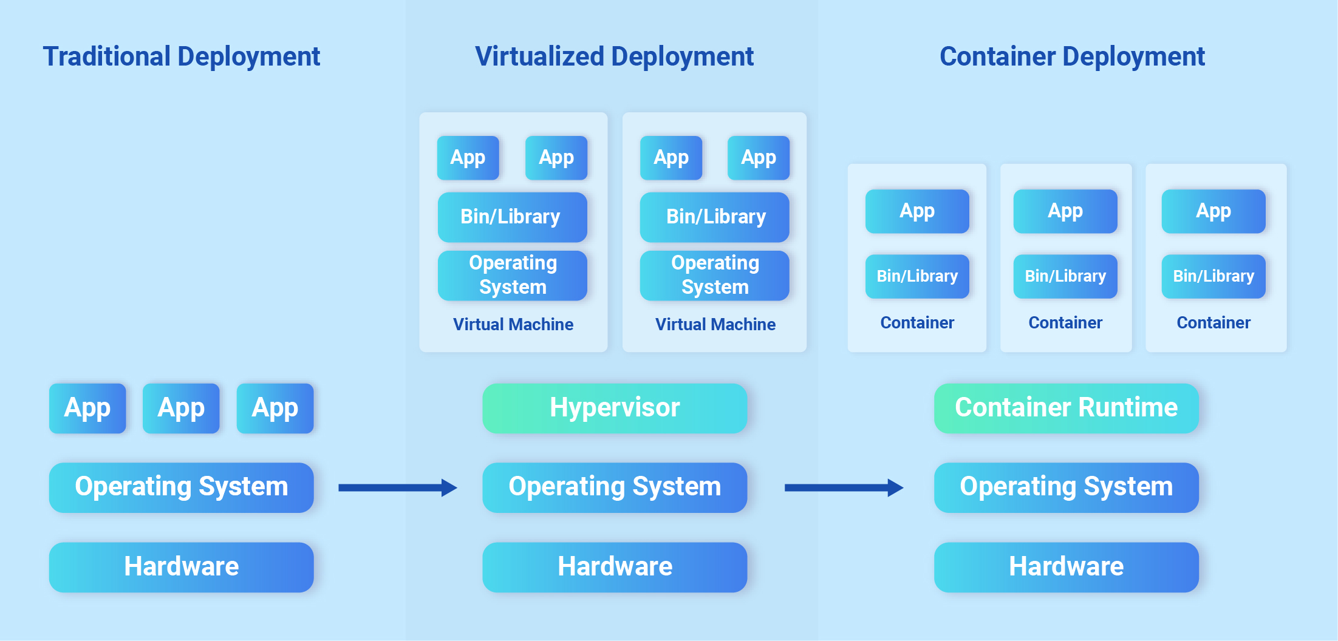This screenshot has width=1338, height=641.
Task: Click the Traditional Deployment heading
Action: (181, 56)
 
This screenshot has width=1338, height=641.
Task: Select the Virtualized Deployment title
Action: (614, 56)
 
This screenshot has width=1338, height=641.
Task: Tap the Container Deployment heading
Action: (1072, 56)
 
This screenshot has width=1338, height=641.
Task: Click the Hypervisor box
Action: (615, 408)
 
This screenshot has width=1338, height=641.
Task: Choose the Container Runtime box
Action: (1066, 408)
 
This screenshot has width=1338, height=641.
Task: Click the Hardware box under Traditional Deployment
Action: (181, 567)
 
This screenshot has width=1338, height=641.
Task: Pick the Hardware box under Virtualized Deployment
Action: (615, 567)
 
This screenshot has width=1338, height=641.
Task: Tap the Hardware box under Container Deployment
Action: (1066, 567)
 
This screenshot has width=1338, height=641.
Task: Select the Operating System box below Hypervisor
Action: (615, 487)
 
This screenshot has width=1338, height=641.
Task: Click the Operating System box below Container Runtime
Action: (1066, 487)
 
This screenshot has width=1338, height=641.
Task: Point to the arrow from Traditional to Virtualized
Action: (397, 487)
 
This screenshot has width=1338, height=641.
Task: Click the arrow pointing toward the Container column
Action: (844, 487)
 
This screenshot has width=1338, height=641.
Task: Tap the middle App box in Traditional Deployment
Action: (181, 408)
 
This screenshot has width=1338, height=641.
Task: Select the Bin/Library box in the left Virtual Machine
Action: (512, 217)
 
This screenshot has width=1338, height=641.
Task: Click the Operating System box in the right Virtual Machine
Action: (715, 276)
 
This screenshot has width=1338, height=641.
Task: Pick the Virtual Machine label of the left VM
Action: (513, 325)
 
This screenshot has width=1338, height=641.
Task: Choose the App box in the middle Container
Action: (1065, 211)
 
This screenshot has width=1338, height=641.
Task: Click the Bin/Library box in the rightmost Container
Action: (1213, 276)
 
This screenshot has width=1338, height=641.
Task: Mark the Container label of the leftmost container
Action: (917, 323)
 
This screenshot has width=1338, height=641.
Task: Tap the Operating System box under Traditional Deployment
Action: (181, 487)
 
